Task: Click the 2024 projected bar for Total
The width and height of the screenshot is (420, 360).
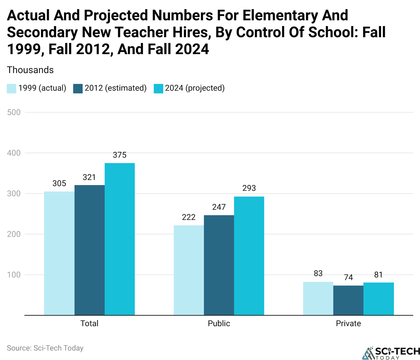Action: [x=120, y=239]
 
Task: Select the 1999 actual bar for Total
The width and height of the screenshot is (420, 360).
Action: [x=59, y=253]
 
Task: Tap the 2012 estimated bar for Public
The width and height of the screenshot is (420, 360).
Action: [x=219, y=265]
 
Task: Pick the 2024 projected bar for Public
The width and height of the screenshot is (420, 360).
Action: [x=249, y=256]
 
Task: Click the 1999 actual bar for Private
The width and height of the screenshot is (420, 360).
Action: [x=318, y=298]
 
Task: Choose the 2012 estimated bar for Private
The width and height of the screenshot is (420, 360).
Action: [x=348, y=300]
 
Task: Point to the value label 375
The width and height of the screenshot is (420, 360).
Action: [x=120, y=155]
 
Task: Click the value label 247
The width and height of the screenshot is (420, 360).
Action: [x=219, y=207]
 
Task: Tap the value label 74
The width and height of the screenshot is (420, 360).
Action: [x=348, y=277]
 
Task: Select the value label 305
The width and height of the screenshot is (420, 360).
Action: [x=59, y=183]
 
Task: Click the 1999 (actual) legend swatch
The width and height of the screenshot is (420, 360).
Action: [x=12, y=88]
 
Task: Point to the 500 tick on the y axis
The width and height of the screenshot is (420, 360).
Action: [x=14, y=112]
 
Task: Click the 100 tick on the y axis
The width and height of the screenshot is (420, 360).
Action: [x=14, y=275]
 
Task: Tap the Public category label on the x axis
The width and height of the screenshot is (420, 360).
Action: [x=219, y=323]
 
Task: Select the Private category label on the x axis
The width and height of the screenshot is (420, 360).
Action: [x=348, y=323]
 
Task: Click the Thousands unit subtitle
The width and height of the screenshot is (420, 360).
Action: [x=30, y=70]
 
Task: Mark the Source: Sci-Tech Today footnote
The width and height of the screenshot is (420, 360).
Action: [x=45, y=348]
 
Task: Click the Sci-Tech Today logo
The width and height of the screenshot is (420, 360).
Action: [x=391, y=353]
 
